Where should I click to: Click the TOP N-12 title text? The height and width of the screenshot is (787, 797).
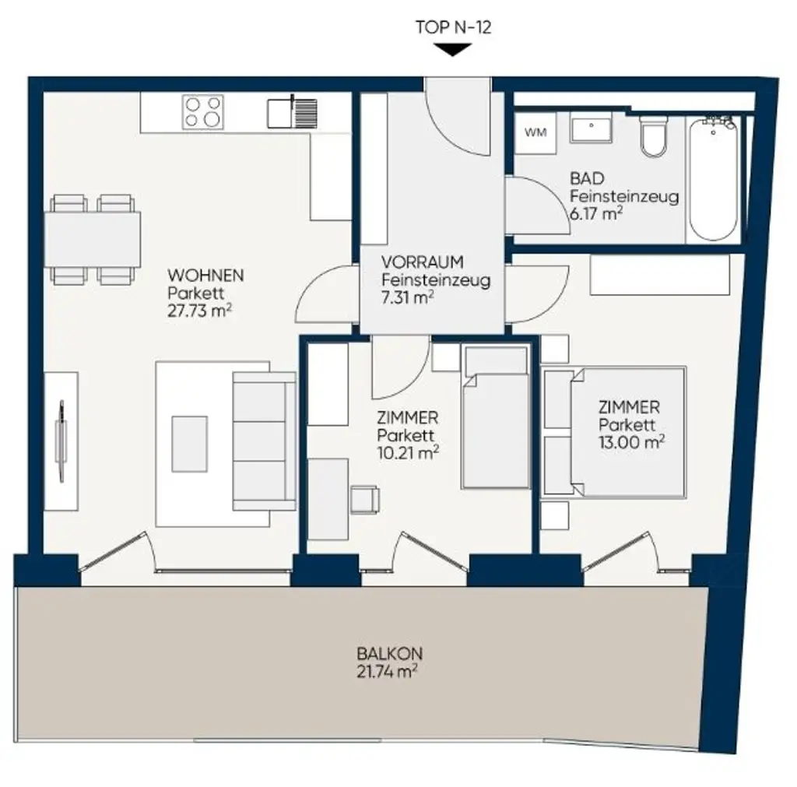click(454, 27)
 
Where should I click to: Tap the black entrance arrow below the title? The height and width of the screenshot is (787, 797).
click(453, 50)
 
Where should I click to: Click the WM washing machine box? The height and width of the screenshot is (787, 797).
click(535, 132)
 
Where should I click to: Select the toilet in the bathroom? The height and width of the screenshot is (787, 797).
click(653, 136)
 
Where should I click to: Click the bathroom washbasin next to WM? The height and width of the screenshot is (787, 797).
click(591, 128)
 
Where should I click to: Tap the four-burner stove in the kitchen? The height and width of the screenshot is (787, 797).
click(203, 112)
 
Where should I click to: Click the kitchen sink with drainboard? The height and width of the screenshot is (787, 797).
click(293, 113)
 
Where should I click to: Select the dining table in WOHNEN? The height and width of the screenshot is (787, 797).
click(93, 239)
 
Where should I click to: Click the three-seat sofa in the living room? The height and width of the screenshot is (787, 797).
click(265, 441)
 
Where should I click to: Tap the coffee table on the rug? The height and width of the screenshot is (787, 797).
click(190, 444)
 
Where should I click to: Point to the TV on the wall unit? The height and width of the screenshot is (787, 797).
click(61, 441)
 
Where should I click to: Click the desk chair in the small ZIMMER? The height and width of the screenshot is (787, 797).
click(364, 499)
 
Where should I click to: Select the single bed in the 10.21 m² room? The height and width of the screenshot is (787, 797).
click(496, 416)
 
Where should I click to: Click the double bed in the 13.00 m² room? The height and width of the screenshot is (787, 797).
click(615, 431)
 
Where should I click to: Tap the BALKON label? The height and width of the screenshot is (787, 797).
click(390, 653)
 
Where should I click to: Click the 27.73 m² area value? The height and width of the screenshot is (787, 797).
click(200, 311)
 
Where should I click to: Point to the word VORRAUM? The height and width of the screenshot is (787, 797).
click(423, 262)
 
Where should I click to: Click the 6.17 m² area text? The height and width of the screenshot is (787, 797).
click(596, 213)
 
